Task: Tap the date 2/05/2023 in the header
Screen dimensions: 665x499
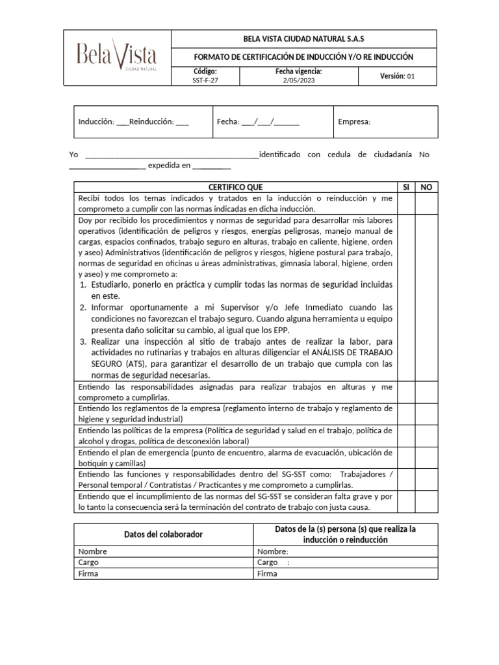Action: click(298, 81)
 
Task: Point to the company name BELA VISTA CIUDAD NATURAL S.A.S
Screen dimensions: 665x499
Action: click(299, 39)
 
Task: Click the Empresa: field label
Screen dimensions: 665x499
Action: click(354, 121)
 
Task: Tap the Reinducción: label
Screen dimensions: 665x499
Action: click(153, 121)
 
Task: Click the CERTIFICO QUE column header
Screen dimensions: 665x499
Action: click(235, 187)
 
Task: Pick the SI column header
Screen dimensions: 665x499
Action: click(405, 187)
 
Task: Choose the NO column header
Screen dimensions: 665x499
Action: click(426, 187)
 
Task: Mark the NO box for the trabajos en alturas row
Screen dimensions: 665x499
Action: click(426, 392)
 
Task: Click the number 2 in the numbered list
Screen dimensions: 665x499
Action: click(83, 307)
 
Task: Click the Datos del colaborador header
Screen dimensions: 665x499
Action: click(163, 534)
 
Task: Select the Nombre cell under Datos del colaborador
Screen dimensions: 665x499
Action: click(163, 551)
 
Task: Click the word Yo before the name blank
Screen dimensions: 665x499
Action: click(73, 155)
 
